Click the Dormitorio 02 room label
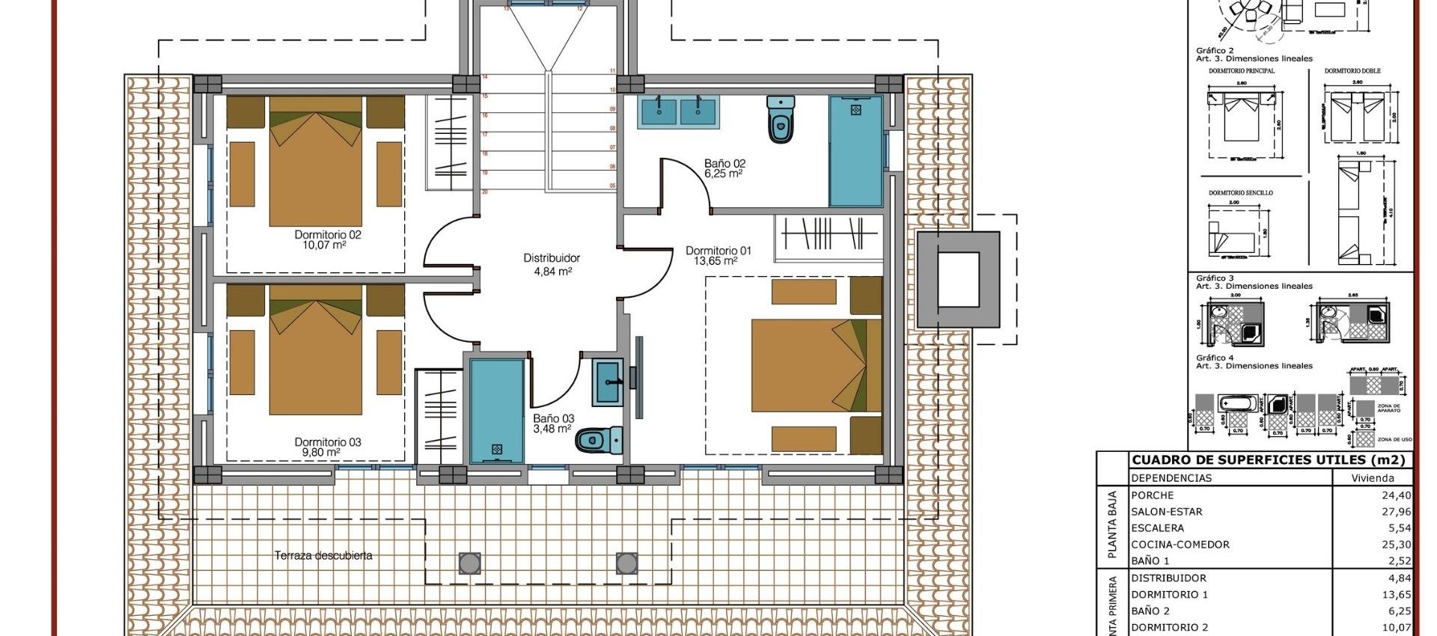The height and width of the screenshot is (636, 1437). pos(328,234)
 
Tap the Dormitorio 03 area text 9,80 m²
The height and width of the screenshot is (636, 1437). pos(321,453)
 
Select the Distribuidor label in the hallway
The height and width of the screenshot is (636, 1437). pos(552,257)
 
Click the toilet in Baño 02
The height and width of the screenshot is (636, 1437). pos(781,119)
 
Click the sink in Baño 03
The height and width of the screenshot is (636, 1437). pos(608,382)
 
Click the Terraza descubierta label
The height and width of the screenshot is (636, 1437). pos(323,555)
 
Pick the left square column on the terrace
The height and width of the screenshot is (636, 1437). pos(470,563)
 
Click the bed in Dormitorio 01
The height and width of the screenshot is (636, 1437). pos(816,365)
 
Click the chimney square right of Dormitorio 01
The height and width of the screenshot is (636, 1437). pos(959,279)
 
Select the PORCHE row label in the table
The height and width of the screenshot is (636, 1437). pos(1153,495)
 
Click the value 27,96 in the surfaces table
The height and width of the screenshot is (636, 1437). pos(1396,512)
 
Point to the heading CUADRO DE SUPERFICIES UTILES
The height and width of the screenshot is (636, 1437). pos(1268,460)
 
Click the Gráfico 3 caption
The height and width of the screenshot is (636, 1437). pos(1215,278)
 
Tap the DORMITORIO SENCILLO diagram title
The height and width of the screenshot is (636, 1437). pos(1240,192)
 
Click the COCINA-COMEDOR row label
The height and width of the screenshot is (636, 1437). pos(1180,545)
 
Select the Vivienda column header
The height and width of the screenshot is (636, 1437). pos(1373,478)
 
